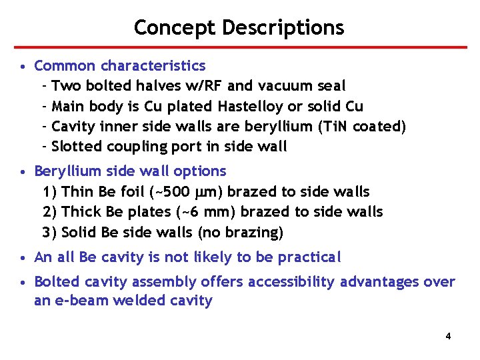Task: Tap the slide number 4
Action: point(448,336)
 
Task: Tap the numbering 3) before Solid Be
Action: point(49,232)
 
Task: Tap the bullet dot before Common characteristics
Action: point(23,67)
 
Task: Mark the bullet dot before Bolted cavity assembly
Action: point(23,283)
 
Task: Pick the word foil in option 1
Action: point(133,192)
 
